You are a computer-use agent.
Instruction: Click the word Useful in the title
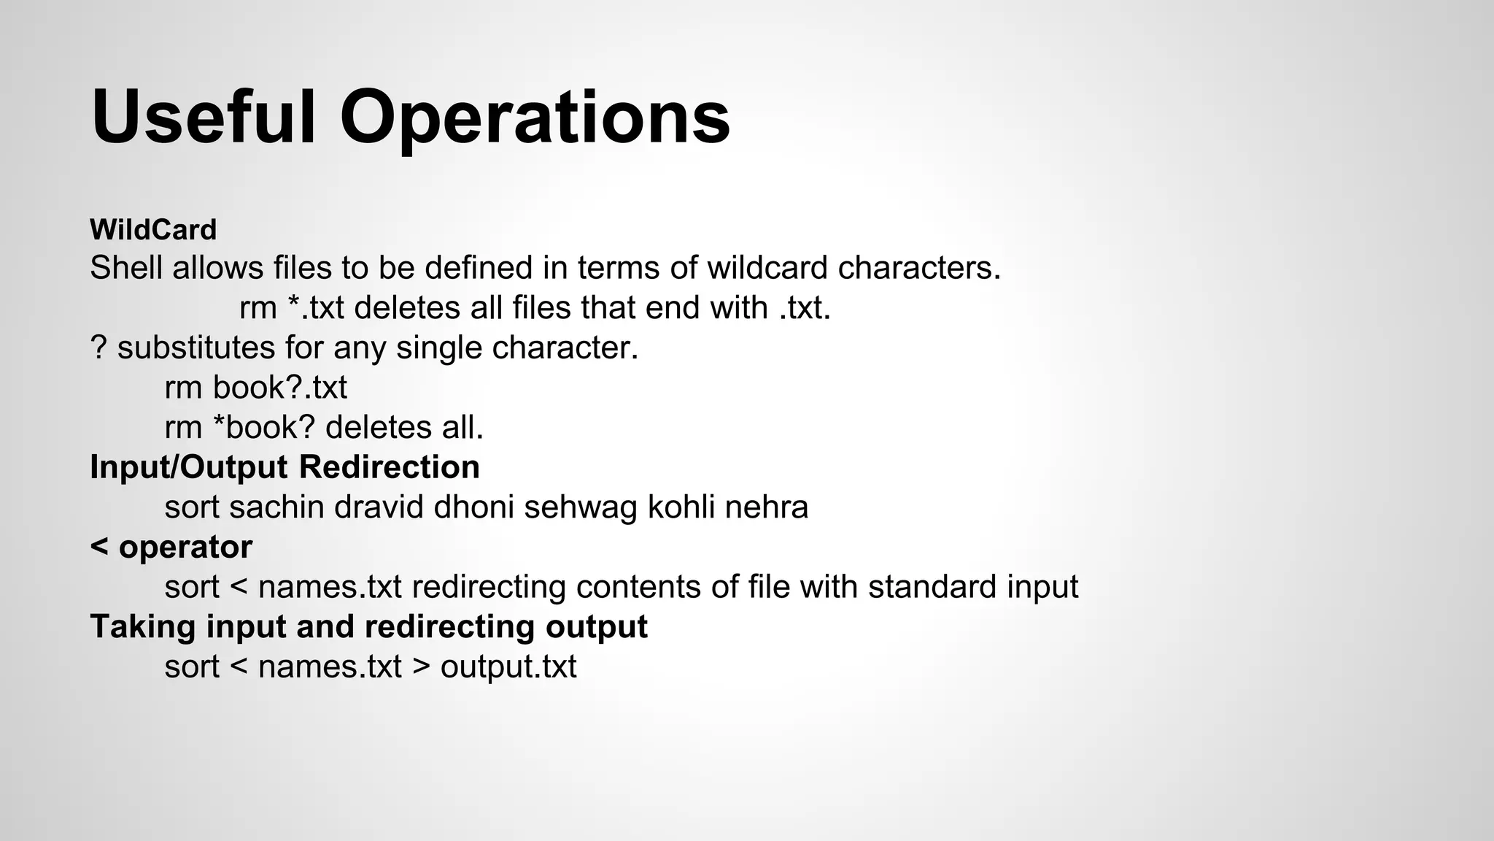tap(204, 118)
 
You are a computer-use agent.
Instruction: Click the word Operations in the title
tap(535, 118)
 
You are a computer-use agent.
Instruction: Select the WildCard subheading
tap(153, 230)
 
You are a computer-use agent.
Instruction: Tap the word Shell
tap(126, 268)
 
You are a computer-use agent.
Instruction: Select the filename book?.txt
tap(279, 387)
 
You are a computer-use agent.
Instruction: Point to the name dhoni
tap(474, 507)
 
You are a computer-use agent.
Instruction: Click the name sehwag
tap(581, 507)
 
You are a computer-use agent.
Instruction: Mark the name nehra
tap(767, 507)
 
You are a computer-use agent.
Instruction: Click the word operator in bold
tap(185, 547)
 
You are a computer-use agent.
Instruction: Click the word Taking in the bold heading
tap(143, 626)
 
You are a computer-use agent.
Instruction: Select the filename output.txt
tap(508, 666)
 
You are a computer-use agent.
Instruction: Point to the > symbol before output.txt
tap(421, 666)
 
